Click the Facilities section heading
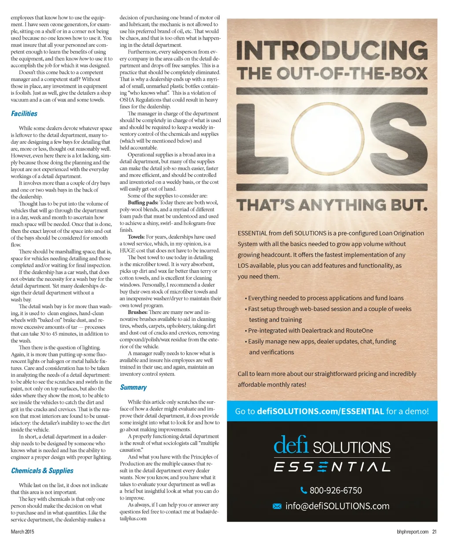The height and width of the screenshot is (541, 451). (24, 114)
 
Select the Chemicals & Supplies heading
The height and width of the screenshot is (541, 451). (42, 471)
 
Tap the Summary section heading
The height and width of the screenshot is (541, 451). (133, 388)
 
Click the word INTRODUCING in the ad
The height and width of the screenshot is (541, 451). (332, 51)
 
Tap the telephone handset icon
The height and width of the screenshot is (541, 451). (303, 490)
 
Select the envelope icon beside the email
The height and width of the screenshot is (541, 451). (277, 506)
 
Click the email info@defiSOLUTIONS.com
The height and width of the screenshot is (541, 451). (337, 506)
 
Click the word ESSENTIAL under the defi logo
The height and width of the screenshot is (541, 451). (332, 466)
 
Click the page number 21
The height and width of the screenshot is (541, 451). (434, 532)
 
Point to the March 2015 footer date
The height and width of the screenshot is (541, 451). (22, 532)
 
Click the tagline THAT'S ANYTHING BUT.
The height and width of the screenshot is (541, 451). (332, 205)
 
